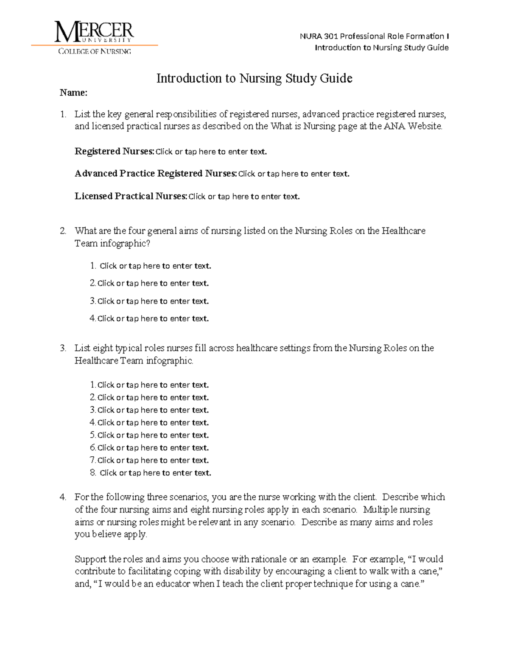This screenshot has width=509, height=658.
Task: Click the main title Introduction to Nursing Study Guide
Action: (x=254, y=78)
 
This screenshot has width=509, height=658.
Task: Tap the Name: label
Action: (x=73, y=93)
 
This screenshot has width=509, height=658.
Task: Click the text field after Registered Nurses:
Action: (x=211, y=152)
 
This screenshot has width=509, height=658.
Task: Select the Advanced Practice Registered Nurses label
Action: (x=155, y=174)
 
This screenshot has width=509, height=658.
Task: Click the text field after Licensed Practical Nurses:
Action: (x=244, y=197)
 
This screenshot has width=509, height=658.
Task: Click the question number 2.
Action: (x=63, y=231)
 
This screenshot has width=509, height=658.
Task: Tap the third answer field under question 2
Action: (x=153, y=301)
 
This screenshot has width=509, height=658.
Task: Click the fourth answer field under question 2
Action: (x=153, y=319)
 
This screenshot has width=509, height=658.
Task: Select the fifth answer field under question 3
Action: (x=153, y=435)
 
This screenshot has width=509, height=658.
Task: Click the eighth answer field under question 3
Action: (x=155, y=473)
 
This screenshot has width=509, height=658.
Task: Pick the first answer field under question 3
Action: (x=153, y=385)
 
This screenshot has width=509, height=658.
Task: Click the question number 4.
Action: (x=63, y=497)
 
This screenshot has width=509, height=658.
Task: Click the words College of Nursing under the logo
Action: (x=94, y=51)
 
